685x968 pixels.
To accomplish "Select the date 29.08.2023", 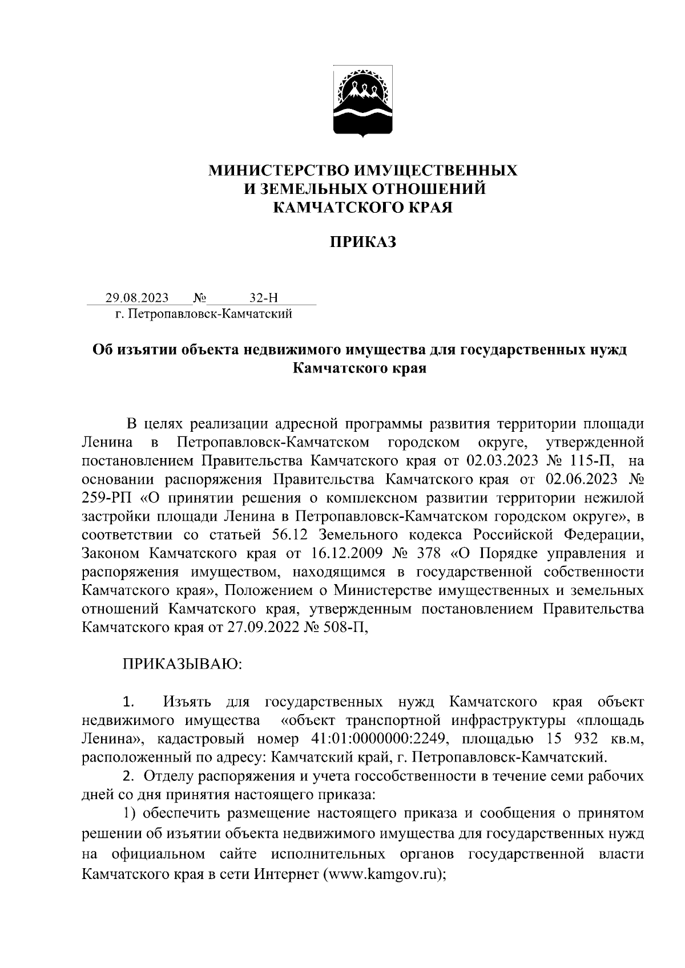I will point(136,298).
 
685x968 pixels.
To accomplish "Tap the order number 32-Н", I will point(263,298).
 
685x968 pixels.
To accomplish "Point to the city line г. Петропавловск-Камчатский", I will point(204,313).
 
